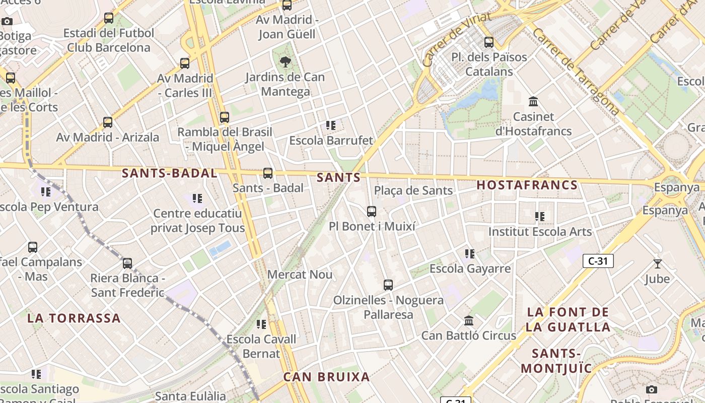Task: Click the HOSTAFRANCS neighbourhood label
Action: [x=527, y=185]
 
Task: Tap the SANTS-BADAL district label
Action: [x=169, y=173]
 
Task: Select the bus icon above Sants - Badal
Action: [x=268, y=173]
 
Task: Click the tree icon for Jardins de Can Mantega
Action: [x=285, y=62]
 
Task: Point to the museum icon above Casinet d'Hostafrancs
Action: [x=533, y=102]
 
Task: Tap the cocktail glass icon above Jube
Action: [x=657, y=263]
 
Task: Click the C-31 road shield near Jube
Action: [x=598, y=261]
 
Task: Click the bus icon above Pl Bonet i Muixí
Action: [x=372, y=212]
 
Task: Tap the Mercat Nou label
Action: [x=300, y=275]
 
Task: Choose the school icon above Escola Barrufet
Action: [x=331, y=125]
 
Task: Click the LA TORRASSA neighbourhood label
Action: [x=74, y=318]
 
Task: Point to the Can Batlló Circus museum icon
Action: [x=469, y=321]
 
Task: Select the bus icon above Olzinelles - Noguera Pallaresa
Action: [x=388, y=285]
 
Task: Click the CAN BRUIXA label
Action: [x=326, y=377]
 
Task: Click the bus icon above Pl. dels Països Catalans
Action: [x=488, y=42]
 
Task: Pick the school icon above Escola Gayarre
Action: [x=470, y=254]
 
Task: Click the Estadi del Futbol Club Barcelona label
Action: [x=109, y=40]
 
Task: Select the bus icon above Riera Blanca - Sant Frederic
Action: [x=127, y=263]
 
